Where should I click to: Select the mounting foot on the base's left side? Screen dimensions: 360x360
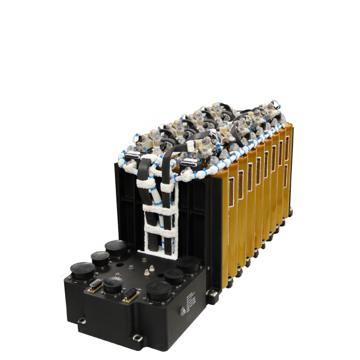82,321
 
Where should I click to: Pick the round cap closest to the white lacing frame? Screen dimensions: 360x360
190,263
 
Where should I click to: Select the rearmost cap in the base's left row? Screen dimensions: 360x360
116,247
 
